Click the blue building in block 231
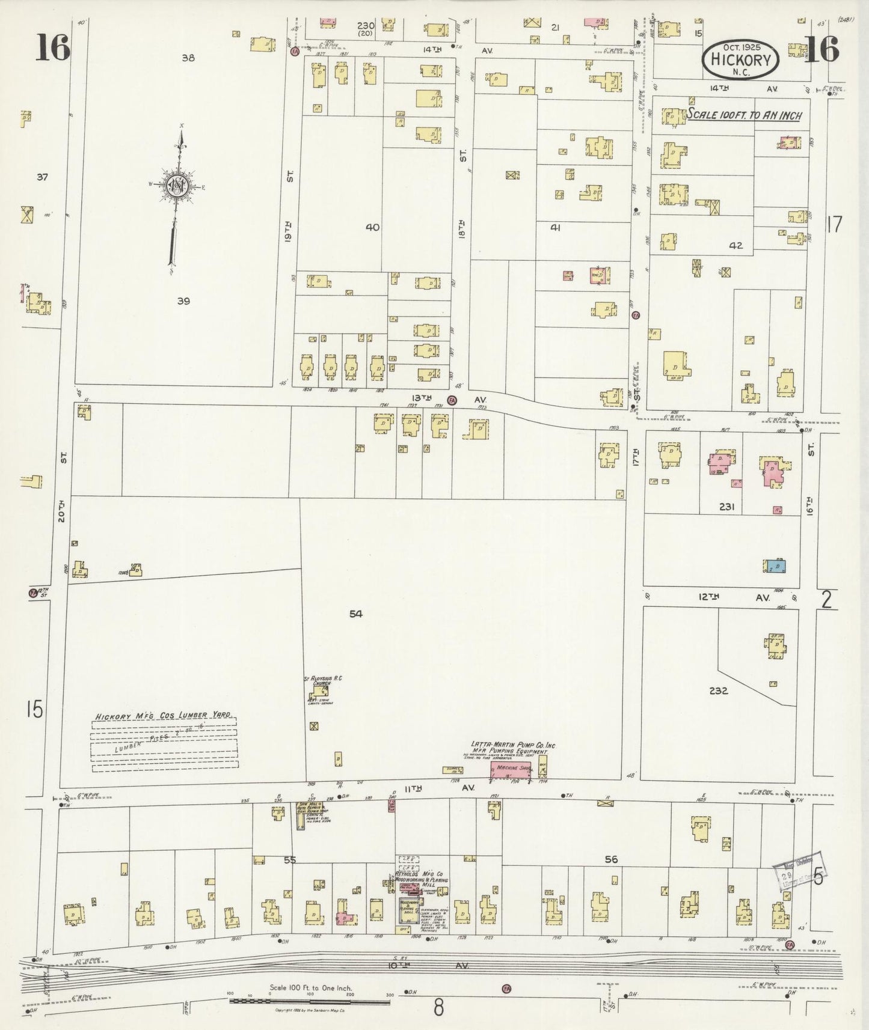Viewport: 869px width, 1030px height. click(x=775, y=566)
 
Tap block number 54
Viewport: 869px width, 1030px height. click(x=356, y=614)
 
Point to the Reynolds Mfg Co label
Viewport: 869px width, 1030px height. click(x=423, y=874)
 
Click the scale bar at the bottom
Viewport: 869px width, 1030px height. click(x=310, y=1001)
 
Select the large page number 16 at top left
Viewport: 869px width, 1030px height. click(x=52, y=47)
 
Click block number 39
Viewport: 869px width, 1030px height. click(x=183, y=301)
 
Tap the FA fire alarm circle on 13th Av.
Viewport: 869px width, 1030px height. click(x=452, y=400)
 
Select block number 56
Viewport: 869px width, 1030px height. click(x=611, y=859)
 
